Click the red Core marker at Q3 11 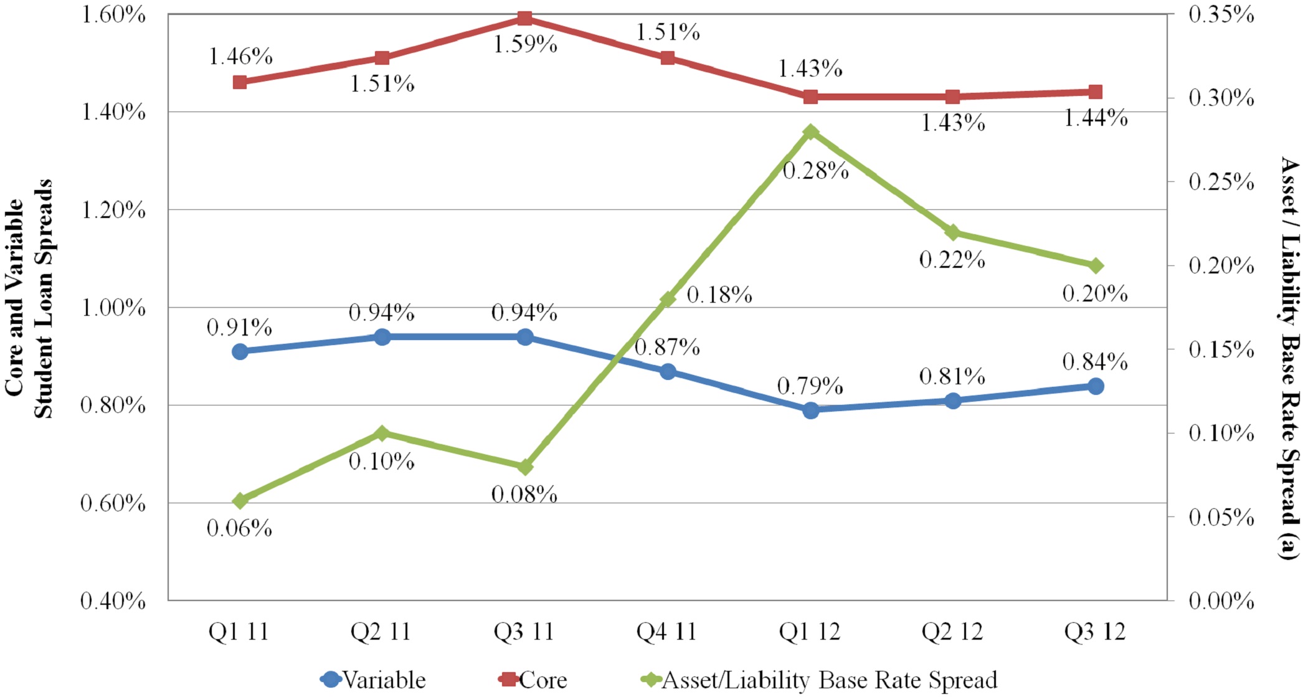pos(525,18)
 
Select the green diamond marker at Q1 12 pos(810,132)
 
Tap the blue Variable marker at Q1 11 pos(240,352)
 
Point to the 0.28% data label pos(815,171)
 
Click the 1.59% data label pos(525,45)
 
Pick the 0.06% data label pos(240,529)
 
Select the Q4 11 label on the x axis pos(666,632)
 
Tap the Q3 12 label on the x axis pos(1095,632)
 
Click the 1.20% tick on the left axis pos(114,211)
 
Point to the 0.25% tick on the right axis pos(1221,182)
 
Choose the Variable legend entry pos(374,680)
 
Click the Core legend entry pos(534,680)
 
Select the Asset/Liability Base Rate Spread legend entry pos(819,680)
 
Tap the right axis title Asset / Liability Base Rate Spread pos(1289,358)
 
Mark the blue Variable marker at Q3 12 pos(1096,386)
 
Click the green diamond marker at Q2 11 pos(382,434)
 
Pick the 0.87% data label pos(667,347)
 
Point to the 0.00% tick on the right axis pos(1221,601)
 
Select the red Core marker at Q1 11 pos(240,82)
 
